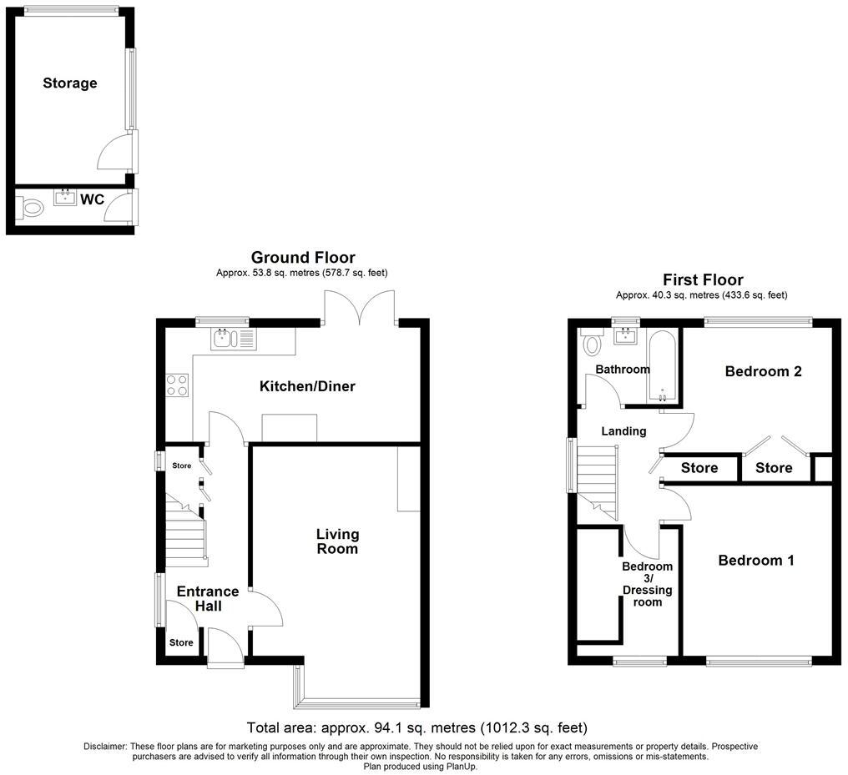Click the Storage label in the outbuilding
tap(70, 83)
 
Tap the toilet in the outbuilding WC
tap(32, 207)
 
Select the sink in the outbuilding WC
tap(65, 199)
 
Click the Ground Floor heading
tap(302, 258)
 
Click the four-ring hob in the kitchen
tap(178, 385)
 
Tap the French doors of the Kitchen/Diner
tap(360, 309)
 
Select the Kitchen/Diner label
tap(307, 386)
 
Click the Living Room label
tap(337, 541)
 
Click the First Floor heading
tap(703, 280)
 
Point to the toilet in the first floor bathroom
tap(593, 343)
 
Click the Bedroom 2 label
tap(763, 371)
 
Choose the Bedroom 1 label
tap(756, 561)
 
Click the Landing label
tap(624, 431)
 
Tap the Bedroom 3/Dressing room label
tap(647, 584)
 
